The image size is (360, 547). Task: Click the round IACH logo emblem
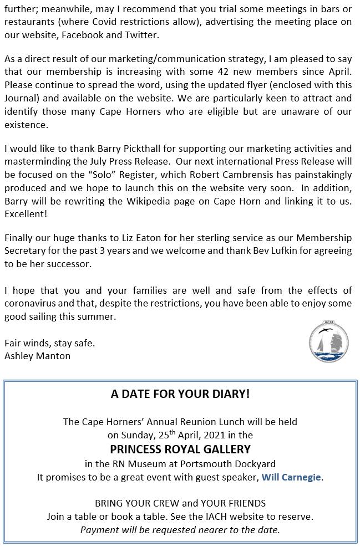pyautogui.click(x=328, y=344)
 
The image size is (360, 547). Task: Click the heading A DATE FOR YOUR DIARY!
pyautogui.click(x=180, y=394)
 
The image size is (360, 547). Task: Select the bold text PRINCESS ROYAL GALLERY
pyautogui.click(x=180, y=449)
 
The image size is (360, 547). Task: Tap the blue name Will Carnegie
pyautogui.click(x=291, y=477)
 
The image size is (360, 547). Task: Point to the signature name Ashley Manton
pyautogui.click(x=37, y=356)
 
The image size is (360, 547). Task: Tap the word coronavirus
pyautogui.click(x=32, y=304)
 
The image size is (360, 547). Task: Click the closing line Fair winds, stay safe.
pyautogui.click(x=50, y=343)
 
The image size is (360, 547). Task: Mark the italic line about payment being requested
pyautogui.click(x=180, y=530)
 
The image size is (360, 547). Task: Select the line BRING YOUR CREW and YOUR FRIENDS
pyautogui.click(x=180, y=503)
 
